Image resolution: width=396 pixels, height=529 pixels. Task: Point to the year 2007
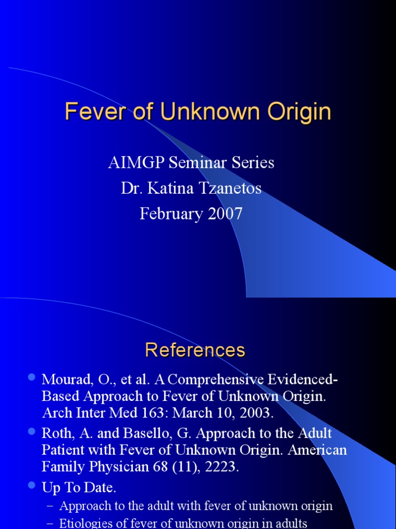pos(224,214)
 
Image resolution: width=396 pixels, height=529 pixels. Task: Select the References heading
pos(195,350)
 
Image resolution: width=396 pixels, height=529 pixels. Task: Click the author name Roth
pos(57,433)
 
